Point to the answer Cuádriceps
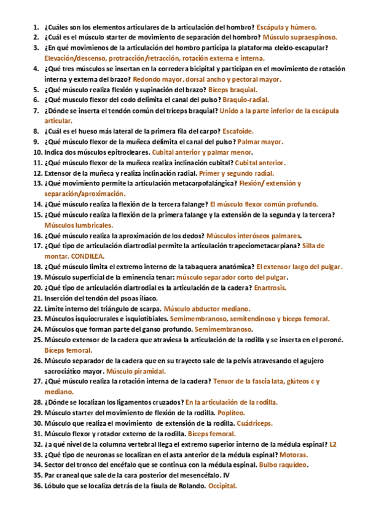click(254, 423)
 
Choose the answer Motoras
click(294, 454)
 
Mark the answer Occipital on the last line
click(222, 485)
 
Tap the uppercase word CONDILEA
click(88, 256)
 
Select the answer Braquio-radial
click(245, 100)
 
